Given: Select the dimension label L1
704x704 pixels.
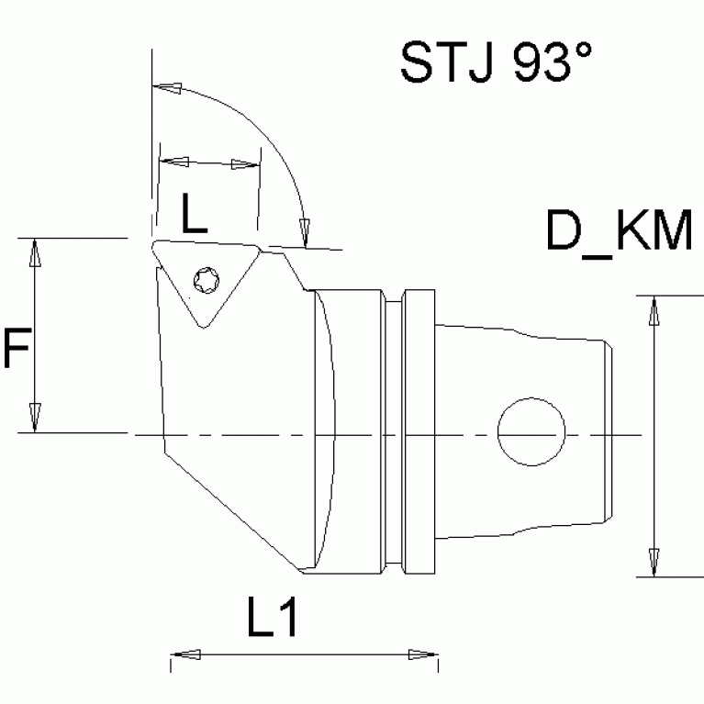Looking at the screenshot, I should point(272,620).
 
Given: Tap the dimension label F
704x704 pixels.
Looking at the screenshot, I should point(17,352).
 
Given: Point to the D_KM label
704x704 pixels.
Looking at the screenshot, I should point(619,230).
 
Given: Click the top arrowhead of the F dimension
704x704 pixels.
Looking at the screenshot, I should point(35,253).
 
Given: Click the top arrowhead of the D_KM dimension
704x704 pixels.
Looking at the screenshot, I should point(654,311).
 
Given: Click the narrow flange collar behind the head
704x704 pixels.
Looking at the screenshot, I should point(419,431).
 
